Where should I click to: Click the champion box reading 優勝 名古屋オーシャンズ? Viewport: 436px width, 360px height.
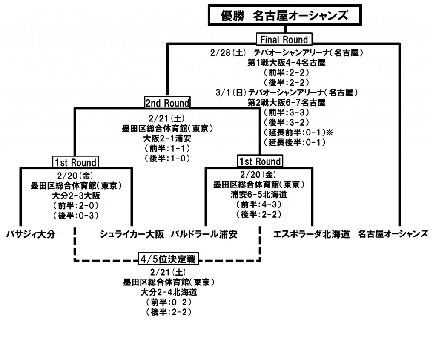pos(285,16)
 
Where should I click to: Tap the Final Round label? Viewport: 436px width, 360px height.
pos(284,40)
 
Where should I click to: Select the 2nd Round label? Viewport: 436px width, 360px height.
pos(167,103)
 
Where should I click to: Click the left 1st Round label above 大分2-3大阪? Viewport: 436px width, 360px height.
pos(75,162)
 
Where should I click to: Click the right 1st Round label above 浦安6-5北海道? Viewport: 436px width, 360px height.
pos(259,161)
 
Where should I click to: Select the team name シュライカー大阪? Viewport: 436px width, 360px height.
pos(132,234)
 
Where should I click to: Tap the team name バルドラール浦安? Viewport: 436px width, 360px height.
pos(204,234)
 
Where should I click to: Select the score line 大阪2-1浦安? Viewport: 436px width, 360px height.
pos(166,138)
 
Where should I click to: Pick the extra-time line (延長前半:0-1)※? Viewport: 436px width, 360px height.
pos(298,132)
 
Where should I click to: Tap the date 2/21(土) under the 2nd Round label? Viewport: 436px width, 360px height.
pos(166,118)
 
